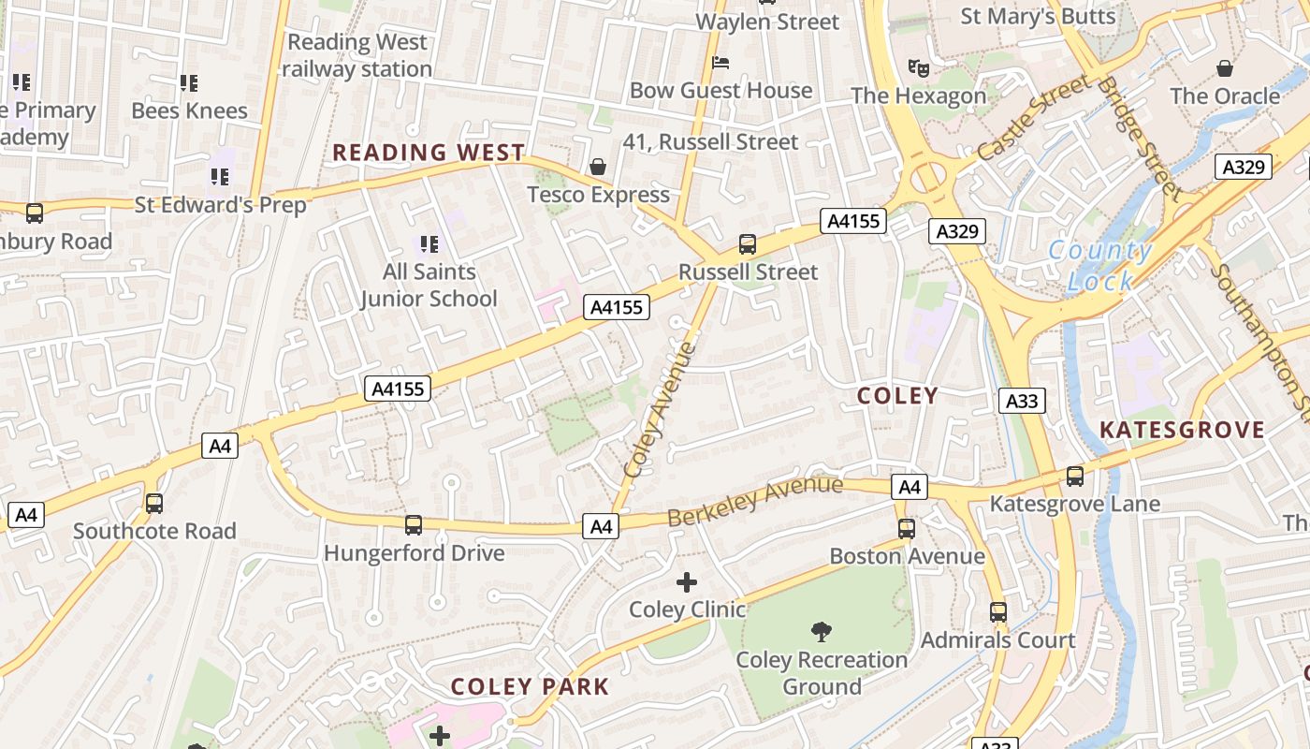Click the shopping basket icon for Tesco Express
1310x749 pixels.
597,167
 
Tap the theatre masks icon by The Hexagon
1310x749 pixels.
919,67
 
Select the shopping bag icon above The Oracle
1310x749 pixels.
1224,67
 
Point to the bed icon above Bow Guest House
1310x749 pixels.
720,63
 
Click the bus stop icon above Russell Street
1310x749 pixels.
747,244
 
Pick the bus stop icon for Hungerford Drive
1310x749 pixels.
413,525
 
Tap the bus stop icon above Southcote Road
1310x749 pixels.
154,504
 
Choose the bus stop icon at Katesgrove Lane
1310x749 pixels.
1074,476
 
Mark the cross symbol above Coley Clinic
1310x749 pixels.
687,582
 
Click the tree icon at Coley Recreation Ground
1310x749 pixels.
821,632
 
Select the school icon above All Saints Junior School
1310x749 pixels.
429,244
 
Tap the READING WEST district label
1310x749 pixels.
429,153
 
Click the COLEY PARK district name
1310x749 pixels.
530,686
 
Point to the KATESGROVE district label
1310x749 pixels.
1181,430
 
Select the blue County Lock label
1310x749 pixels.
1099,265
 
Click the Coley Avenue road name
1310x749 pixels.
660,410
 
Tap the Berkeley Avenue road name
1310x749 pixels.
755,501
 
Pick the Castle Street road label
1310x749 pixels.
1033,116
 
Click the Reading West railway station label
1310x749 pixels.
357,55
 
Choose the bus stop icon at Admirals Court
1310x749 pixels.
998,612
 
